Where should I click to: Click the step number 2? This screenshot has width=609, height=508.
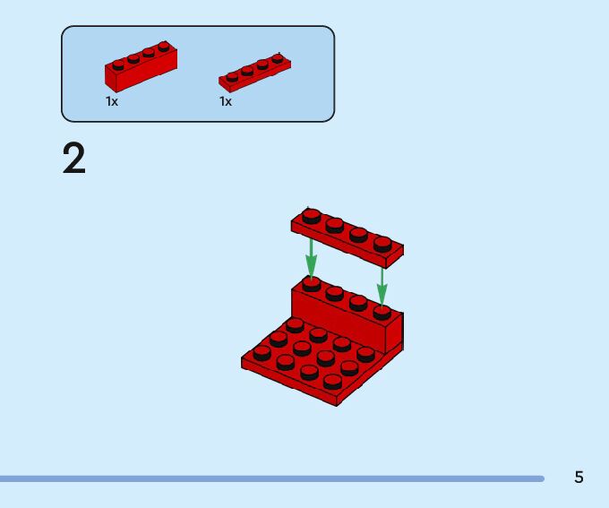click(x=74, y=159)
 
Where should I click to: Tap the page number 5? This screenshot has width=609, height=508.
click(x=579, y=478)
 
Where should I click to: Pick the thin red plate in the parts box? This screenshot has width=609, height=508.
click(x=255, y=73)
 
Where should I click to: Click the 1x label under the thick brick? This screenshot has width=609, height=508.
click(x=112, y=102)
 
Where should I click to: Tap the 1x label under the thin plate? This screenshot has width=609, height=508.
click(x=226, y=102)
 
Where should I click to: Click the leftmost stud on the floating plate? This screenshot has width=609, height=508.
click(x=312, y=215)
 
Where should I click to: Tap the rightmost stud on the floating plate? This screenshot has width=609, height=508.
click(x=382, y=242)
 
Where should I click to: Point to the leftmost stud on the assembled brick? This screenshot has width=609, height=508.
click(x=311, y=284)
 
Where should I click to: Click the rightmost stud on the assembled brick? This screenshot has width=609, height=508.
click(x=382, y=312)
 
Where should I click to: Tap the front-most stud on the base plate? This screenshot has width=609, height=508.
click(x=332, y=381)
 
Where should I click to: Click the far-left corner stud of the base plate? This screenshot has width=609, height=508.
click(x=262, y=352)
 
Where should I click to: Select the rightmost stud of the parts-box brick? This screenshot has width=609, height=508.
click(x=164, y=47)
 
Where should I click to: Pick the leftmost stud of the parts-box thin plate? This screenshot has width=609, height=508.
click(x=232, y=77)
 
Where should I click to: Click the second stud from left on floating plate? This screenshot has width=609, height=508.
click(x=335, y=224)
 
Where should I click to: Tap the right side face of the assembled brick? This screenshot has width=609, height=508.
click(x=395, y=333)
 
